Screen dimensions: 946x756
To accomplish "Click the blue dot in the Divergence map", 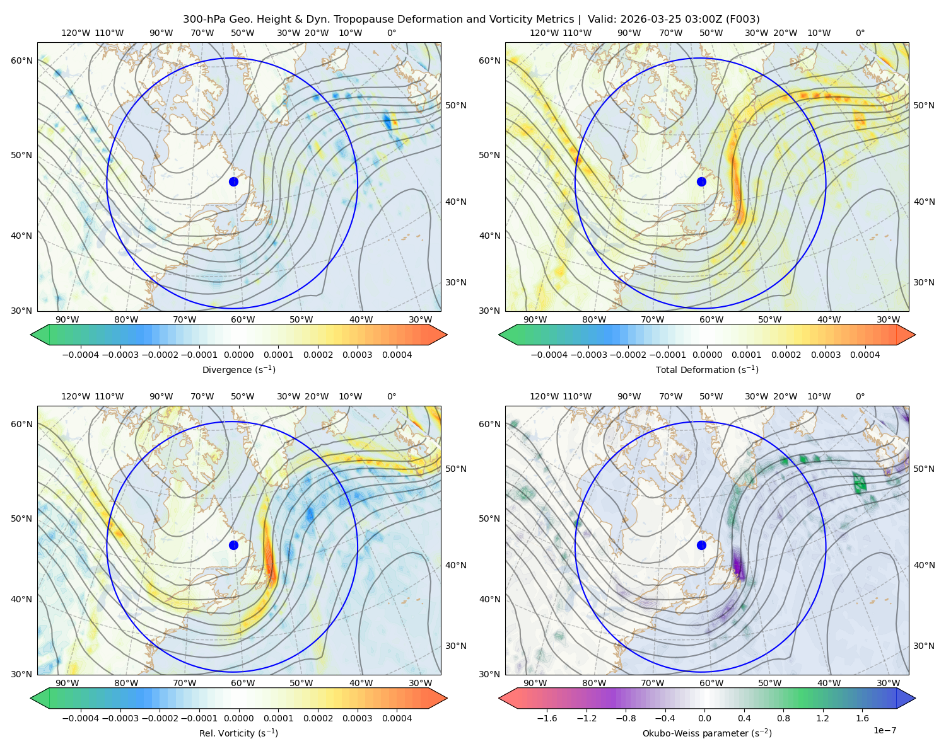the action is coord(233,182).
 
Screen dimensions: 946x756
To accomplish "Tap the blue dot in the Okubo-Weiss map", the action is coord(701,545).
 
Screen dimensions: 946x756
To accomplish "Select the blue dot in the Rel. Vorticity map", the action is coord(233,545).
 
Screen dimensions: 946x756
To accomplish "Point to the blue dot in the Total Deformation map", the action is coord(701,182).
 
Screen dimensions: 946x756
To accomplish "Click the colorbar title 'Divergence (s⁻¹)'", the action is coord(238,369).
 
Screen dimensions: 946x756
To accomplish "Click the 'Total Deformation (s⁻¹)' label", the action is coord(707,369).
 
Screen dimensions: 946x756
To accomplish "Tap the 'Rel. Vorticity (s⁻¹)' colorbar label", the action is coord(238,733).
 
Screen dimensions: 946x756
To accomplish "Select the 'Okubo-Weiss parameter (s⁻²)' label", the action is coord(707,733).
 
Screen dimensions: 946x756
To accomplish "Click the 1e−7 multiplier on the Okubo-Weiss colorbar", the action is coord(884,730).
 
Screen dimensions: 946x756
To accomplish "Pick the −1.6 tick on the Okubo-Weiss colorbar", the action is coord(547,718).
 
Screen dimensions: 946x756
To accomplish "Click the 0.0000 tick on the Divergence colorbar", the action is coord(238,355).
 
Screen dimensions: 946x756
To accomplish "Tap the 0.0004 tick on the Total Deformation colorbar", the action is coord(865,355).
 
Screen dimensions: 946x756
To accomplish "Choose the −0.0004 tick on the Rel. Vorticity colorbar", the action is coord(81,718).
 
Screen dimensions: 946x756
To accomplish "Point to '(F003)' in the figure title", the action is coord(742,20).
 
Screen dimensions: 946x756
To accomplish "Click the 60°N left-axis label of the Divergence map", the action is coord(21,60).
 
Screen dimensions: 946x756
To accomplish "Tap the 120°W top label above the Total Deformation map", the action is coord(544,33).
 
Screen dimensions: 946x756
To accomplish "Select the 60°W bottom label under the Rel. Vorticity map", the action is coord(243,683).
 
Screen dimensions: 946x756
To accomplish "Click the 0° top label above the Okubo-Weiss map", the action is coord(860,396).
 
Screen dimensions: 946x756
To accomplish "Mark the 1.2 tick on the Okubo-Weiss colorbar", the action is coord(822,718).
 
